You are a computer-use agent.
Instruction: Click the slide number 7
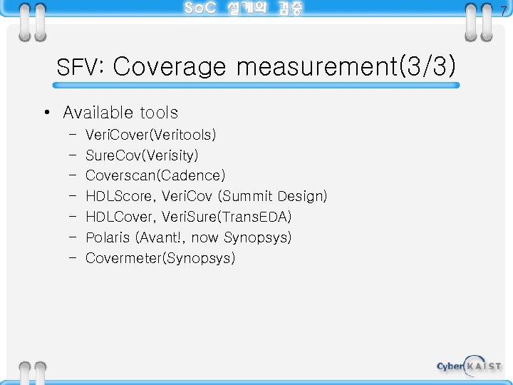point(502,11)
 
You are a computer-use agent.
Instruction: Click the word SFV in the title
point(79,68)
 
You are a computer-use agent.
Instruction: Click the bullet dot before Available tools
point(46,113)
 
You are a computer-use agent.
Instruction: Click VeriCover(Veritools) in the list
point(150,135)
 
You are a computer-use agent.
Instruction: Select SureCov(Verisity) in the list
point(142,155)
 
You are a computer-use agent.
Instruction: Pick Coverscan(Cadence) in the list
point(155,175)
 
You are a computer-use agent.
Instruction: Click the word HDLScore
point(120,196)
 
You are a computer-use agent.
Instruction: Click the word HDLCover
point(120,217)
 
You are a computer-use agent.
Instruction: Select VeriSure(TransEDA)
point(227,217)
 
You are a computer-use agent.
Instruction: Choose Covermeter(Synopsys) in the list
point(160,258)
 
